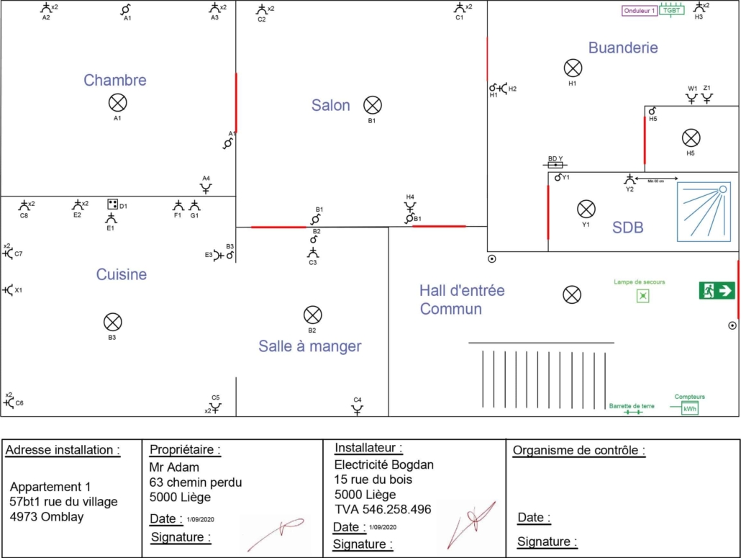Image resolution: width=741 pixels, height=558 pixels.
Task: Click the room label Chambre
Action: coord(115,80)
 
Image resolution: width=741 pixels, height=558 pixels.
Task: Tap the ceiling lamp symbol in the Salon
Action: coord(372,105)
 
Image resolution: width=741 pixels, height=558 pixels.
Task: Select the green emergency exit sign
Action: coord(717,290)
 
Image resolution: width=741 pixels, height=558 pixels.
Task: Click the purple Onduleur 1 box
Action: coord(640,11)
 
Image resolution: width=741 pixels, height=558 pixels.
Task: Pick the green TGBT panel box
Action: coord(671,11)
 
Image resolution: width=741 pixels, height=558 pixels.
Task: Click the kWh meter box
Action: coord(690,408)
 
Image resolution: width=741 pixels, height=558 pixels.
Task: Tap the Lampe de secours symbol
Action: coord(642,296)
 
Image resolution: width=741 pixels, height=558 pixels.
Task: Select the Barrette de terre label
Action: coord(632,406)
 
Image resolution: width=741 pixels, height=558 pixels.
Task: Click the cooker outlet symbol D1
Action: coord(112,204)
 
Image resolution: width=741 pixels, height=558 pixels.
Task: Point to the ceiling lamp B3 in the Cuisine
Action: coord(112,322)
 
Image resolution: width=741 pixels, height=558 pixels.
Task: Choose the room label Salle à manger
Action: coord(309,346)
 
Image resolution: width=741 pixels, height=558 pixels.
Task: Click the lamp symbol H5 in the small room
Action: coord(691,138)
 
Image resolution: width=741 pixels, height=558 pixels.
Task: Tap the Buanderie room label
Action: coord(623,48)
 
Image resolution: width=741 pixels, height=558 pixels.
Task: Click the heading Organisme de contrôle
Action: coord(578,451)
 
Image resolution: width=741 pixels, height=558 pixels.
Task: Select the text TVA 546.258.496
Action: coord(383,509)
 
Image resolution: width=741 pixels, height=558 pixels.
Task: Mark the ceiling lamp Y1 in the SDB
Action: coord(586,210)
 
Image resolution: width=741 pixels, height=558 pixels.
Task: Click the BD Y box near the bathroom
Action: coord(556,164)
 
